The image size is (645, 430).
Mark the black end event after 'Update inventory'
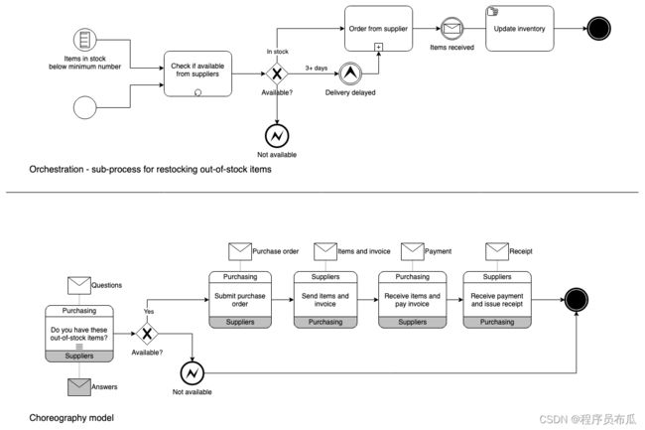[598, 29]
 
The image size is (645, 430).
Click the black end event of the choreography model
[577, 300]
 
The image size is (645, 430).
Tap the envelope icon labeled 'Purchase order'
[240, 251]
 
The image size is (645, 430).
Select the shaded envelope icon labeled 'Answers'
[79, 387]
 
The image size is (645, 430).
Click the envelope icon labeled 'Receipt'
[497, 251]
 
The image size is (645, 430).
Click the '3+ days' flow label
[317, 68]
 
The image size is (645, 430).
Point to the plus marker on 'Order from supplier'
[378, 47]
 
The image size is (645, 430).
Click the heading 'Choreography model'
[71, 418]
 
